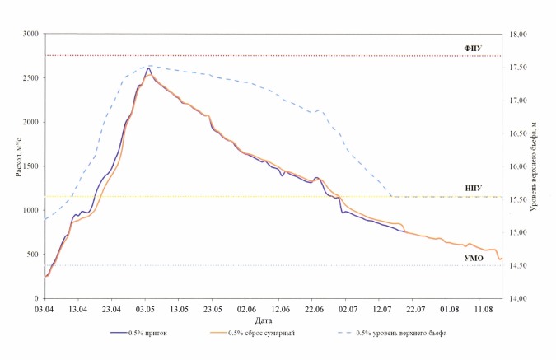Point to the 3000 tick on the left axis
click(x=30, y=34)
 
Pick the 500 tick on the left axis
click(x=31, y=255)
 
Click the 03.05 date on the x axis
click(x=146, y=308)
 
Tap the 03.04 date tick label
click(x=45, y=308)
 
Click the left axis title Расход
click(x=16, y=166)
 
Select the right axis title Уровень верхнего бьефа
click(x=536, y=166)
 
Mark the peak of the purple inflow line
click(x=148, y=69)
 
